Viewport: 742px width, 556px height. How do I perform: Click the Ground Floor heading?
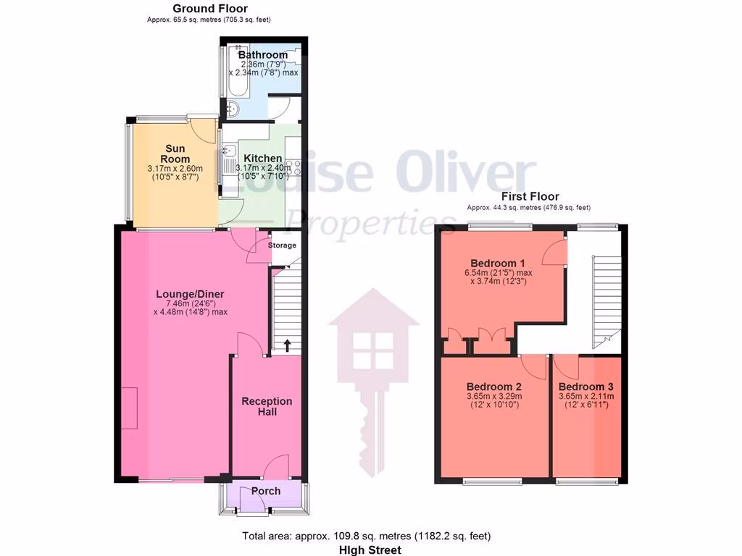209,9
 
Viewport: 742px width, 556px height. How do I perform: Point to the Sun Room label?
175,153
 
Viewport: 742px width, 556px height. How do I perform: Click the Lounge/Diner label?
190,294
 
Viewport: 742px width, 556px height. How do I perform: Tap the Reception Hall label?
267,406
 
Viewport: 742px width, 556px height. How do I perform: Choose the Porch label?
265,491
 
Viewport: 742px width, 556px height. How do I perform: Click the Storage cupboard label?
283,245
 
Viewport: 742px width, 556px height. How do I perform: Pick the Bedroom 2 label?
493,386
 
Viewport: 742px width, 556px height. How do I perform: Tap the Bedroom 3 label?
586,387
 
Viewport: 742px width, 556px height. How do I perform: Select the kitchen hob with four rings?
296,167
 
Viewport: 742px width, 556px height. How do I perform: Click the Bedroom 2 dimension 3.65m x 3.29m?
493,396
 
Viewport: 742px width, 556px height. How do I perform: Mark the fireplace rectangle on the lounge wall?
128,408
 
